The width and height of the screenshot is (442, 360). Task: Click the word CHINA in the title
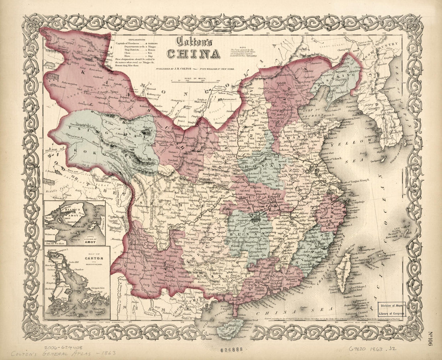[194, 53]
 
